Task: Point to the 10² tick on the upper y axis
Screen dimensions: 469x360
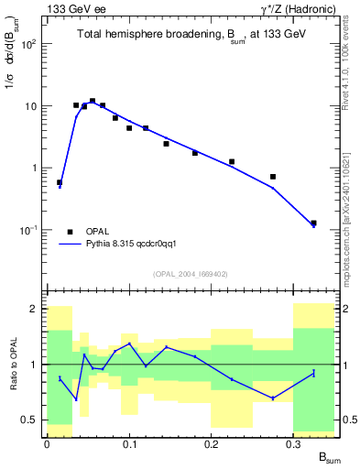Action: (34, 44)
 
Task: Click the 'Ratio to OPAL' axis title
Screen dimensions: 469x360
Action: (11, 365)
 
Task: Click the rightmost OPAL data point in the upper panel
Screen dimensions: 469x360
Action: (313, 223)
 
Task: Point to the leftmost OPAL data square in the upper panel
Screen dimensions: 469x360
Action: (60, 182)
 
